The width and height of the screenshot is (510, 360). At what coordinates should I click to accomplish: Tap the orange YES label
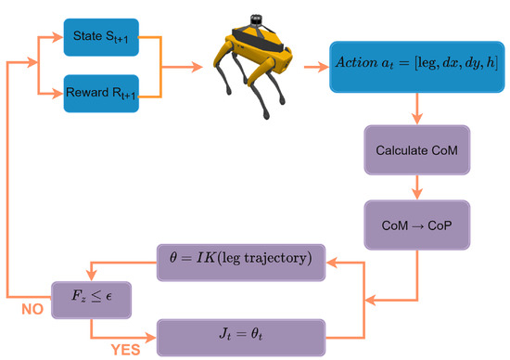[x=126, y=351]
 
